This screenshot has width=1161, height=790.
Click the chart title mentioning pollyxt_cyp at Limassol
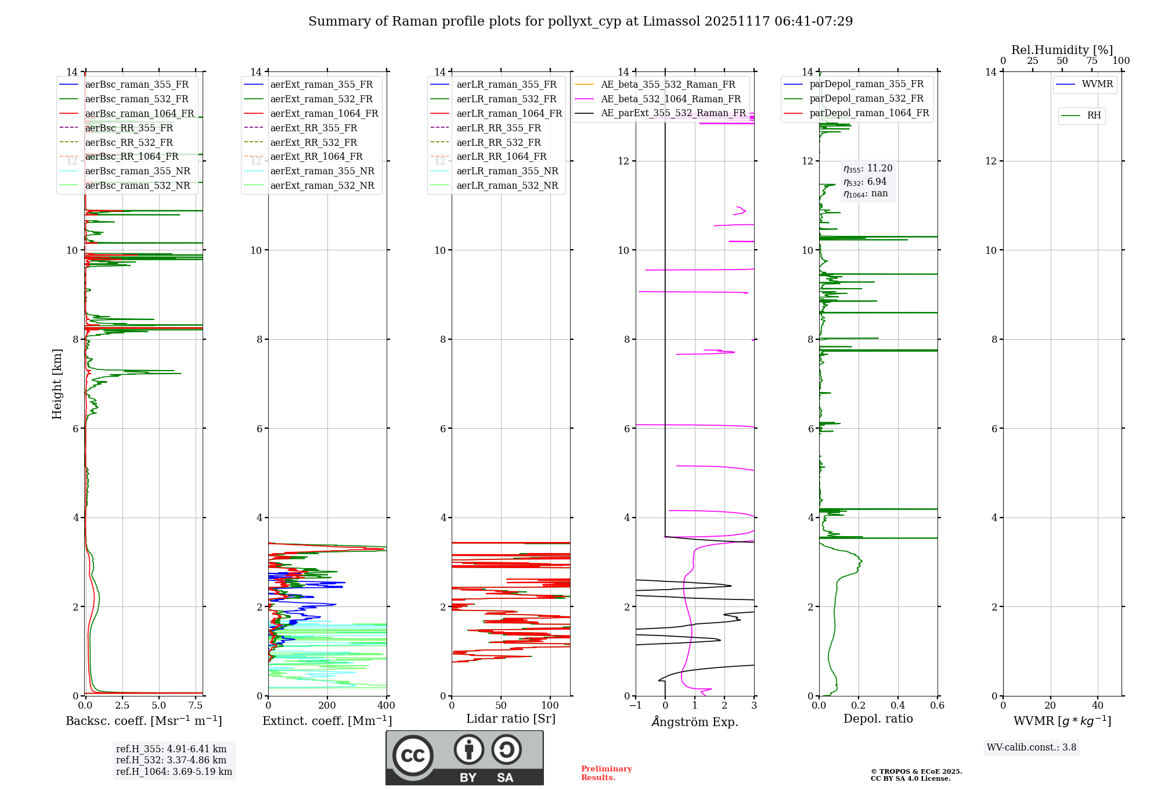[580, 21]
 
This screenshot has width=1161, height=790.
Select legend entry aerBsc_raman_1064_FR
[139, 113]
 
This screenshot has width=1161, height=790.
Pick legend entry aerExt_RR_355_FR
[313, 128]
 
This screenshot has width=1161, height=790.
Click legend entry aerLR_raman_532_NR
[507, 185]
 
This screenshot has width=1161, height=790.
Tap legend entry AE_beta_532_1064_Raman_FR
[670, 99]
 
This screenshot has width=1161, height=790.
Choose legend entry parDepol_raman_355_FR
[866, 84]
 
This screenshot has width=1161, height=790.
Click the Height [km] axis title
[57, 383]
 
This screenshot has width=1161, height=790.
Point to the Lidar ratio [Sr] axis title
[511, 719]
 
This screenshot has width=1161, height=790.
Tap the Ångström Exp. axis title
[695, 721]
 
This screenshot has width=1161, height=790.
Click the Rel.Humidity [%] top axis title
[1062, 50]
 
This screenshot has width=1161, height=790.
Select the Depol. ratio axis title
[878, 719]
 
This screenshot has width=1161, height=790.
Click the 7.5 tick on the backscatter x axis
[196, 706]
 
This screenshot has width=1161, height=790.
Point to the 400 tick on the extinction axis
[386, 706]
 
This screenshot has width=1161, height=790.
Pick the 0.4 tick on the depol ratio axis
[897, 706]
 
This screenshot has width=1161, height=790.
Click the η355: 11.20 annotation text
[868, 168]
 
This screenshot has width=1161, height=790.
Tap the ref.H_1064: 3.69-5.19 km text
[174, 771]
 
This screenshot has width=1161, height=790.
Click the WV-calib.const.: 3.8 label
[1031, 748]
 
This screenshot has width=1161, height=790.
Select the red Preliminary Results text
[606, 773]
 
